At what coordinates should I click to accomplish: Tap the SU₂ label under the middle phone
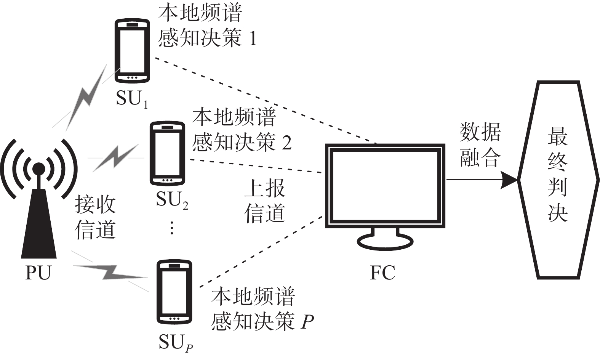(x=172, y=200)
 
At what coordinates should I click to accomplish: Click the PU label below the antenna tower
(x=38, y=273)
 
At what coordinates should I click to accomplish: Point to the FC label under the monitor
(x=382, y=273)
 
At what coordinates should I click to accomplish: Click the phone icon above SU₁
(x=132, y=51)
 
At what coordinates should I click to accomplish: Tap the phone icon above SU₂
(x=167, y=153)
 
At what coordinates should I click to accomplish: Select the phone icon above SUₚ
(x=174, y=292)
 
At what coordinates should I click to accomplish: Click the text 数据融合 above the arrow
(x=480, y=145)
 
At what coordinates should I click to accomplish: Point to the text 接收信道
(x=95, y=217)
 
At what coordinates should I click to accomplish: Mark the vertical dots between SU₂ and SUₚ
(x=172, y=228)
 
